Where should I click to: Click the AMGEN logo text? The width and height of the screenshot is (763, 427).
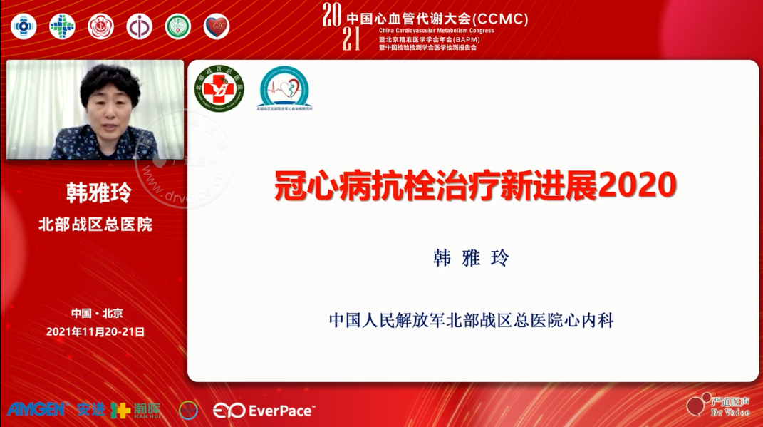click(x=36, y=410)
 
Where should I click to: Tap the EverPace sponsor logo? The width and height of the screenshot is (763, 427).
click(x=264, y=411)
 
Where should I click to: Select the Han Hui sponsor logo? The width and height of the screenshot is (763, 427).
click(x=135, y=410)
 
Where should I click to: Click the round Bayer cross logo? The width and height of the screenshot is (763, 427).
click(x=189, y=410)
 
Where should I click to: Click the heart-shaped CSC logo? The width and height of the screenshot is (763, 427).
click(x=217, y=27)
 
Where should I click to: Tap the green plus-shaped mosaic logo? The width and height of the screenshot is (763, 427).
click(x=63, y=27)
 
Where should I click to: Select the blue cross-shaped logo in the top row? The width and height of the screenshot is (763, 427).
click(x=24, y=27)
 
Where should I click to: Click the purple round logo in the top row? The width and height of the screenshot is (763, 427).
click(x=140, y=27)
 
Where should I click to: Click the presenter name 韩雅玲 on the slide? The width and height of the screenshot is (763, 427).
click(x=471, y=259)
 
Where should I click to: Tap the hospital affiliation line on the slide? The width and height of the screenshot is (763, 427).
click(x=471, y=320)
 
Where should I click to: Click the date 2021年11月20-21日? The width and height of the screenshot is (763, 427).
click(x=95, y=331)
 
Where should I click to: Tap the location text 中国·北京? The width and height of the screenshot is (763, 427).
click(x=97, y=313)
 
